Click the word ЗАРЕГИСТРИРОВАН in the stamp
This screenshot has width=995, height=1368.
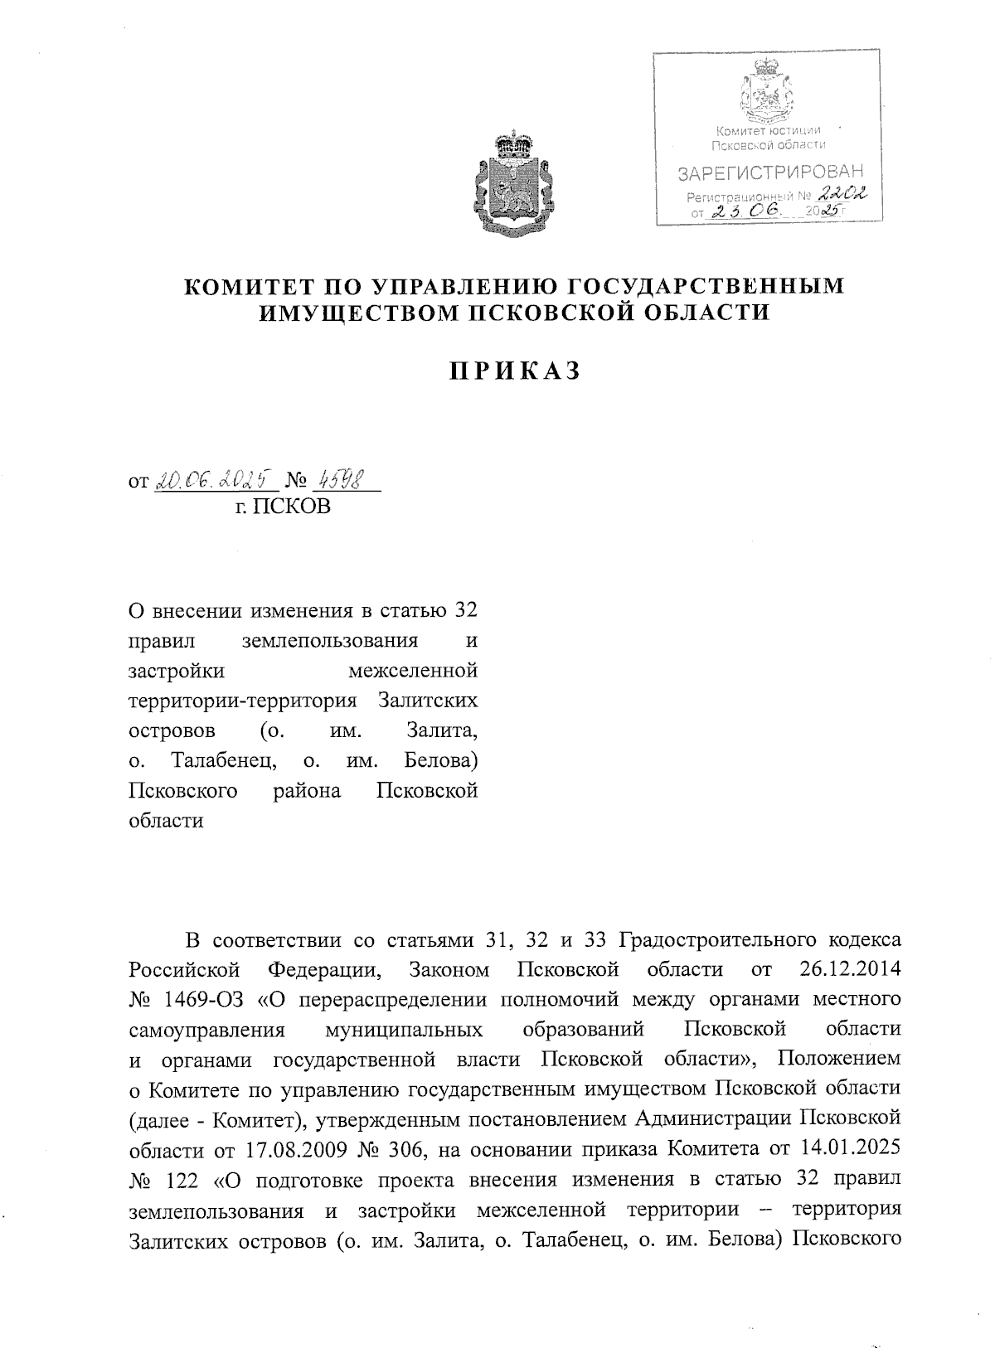coord(770,173)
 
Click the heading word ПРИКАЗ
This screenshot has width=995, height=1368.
coord(513,371)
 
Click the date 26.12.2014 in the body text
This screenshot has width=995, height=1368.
coord(851,969)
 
